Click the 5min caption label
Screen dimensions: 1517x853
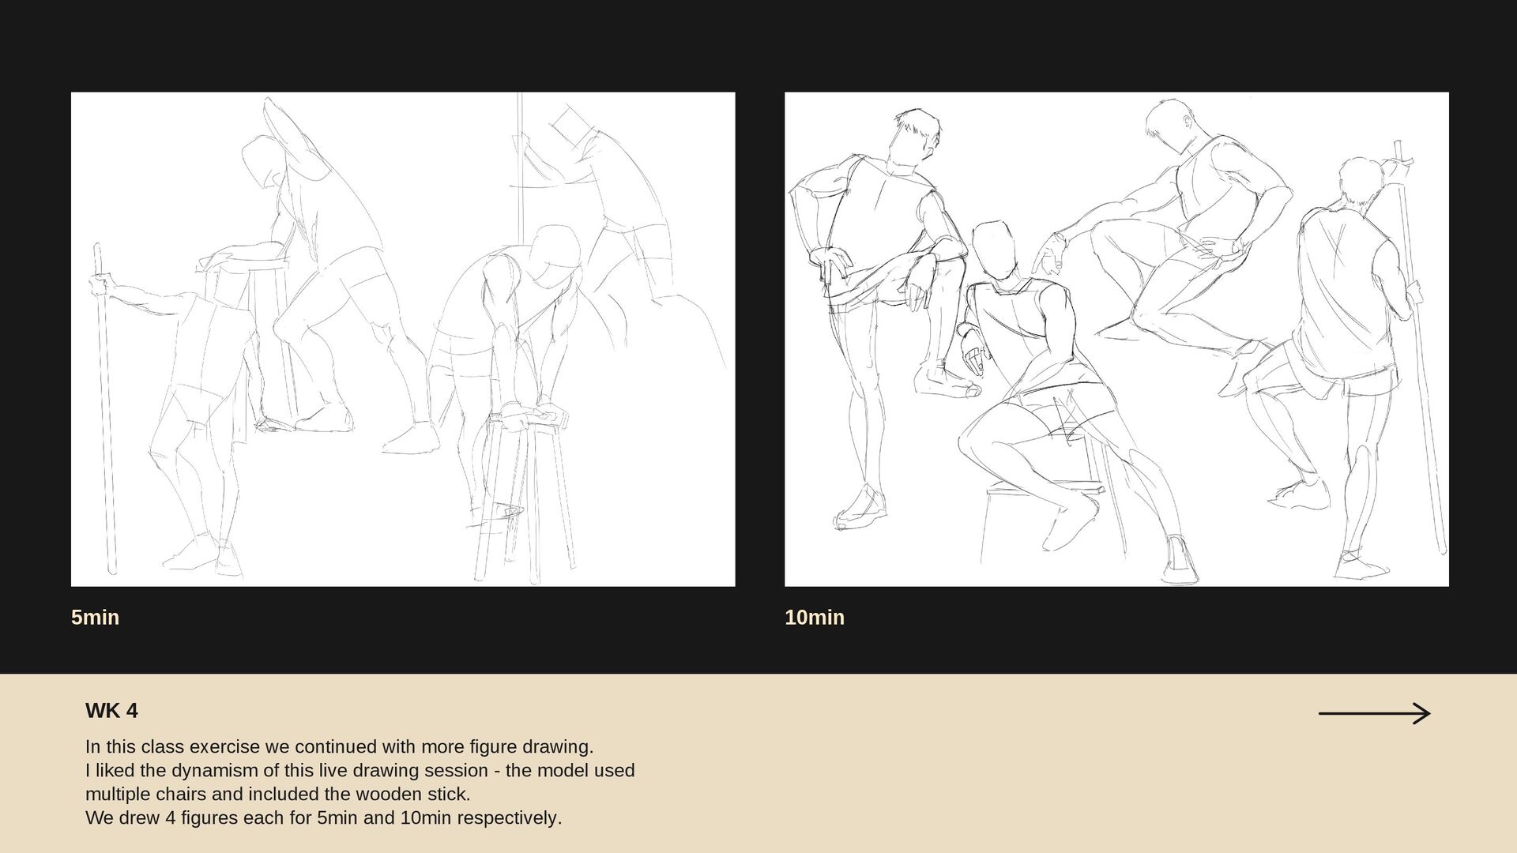[95, 618]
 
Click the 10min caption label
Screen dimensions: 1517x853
[815, 618]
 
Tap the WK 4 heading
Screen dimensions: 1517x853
[111, 711]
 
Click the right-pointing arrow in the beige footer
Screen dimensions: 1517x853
[1374, 714]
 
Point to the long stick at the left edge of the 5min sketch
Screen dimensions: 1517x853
[105, 409]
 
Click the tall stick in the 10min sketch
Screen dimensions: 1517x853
[1420, 348]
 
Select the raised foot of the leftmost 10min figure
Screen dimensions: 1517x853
[947, 383]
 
